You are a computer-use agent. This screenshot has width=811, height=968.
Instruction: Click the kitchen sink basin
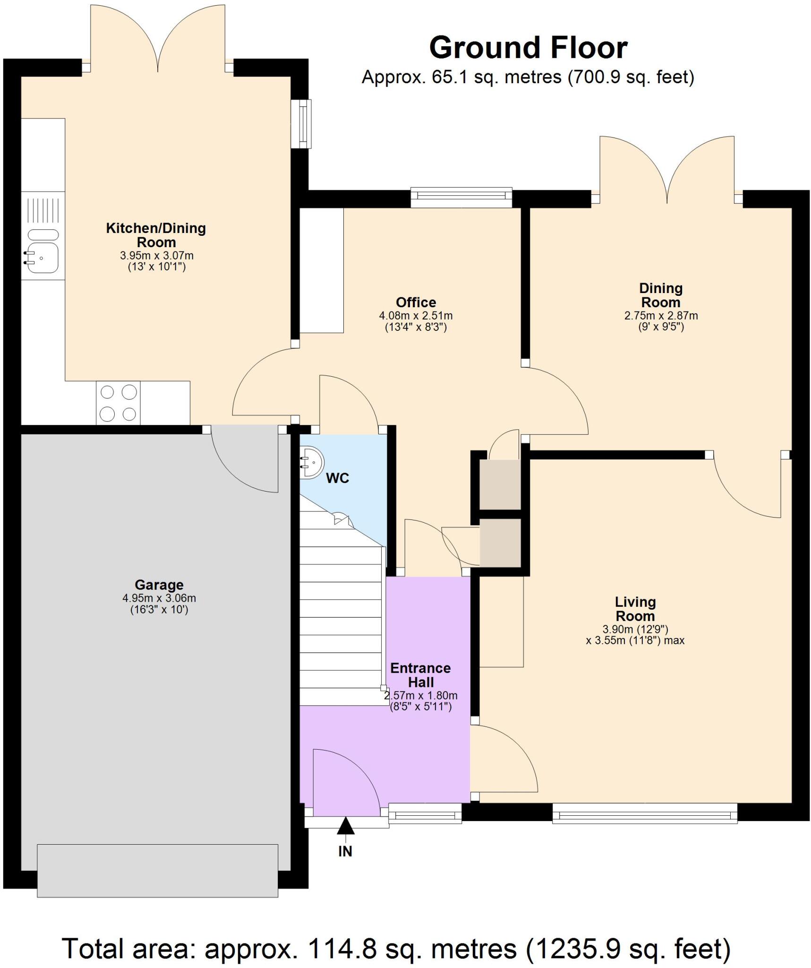coord(43,258)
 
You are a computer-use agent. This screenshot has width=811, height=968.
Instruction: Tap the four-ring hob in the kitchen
coord(119,403)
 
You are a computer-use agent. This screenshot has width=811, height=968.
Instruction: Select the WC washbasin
coord(312,462)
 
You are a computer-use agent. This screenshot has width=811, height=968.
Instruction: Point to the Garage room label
coord(159,585)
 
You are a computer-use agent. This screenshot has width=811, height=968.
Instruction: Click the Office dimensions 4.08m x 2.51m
coord(416,315)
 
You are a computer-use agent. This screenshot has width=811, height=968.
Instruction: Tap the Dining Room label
coord(660,295)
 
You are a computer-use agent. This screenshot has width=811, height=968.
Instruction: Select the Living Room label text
coord(635,609)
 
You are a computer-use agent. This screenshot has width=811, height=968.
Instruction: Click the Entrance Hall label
coord(420,675)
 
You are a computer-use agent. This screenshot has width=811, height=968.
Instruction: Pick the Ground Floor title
coord(528,48)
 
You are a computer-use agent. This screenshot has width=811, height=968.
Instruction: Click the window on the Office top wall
coord(461,198)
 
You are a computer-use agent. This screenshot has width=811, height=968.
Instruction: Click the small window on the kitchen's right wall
coord(301,123)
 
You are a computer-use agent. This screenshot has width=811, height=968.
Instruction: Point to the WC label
coord(338,478)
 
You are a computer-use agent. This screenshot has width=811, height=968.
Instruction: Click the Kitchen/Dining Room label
coord(156,235)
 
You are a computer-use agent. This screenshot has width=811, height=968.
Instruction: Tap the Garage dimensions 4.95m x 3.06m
coord(159,598)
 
